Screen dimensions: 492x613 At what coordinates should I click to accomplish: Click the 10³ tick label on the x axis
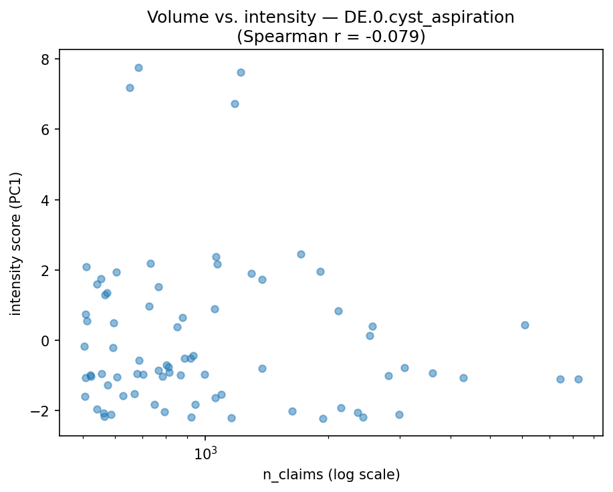tap(206, 455)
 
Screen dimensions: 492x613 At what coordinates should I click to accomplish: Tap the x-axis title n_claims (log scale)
tap(331, 475)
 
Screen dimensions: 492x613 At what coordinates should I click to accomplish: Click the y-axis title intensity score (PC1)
tap(16, 243)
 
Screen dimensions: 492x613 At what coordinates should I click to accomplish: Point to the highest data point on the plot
tap(138, 68)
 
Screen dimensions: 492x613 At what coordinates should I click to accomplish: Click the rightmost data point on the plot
tap(578, 379)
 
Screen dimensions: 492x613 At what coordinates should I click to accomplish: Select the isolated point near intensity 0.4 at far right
tap(525, 325)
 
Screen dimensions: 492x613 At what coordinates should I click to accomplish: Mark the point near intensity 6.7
tap(235, 104)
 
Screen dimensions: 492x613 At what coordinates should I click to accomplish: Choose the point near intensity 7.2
tap(130, 88)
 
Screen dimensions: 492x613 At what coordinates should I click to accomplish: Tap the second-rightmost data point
tap(560, 379)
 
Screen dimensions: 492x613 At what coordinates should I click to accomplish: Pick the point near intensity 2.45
tap(301, 254)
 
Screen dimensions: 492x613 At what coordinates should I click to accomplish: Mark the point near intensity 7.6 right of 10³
tap(241, 72)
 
